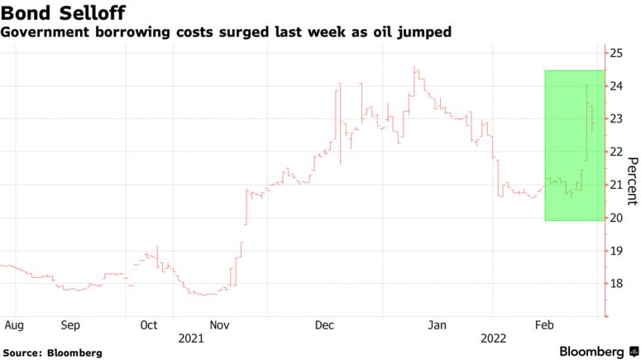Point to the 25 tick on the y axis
(x=616, y=53)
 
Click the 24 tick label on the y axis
(x=616, y=86)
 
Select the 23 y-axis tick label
(x=616, y=118)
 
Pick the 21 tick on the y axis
(x=616, y=185)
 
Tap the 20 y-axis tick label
(x=616, y=218)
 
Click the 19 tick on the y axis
(x=616, y=250)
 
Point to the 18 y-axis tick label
(x=616, y=283)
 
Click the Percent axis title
(x=632, y=180)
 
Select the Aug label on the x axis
(x=13, y=324)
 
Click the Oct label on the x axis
(x=148, y=324)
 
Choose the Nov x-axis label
(x=219, y=324)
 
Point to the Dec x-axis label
(x=326, y=324)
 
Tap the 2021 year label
(x=191, y=338)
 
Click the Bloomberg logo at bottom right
(x=591, y=352)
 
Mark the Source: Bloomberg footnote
(x=53, y=353)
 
